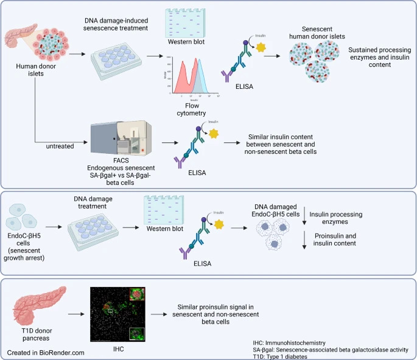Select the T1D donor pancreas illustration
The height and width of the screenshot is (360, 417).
(30, 306)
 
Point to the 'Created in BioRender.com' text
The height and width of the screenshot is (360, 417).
(45, 352)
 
